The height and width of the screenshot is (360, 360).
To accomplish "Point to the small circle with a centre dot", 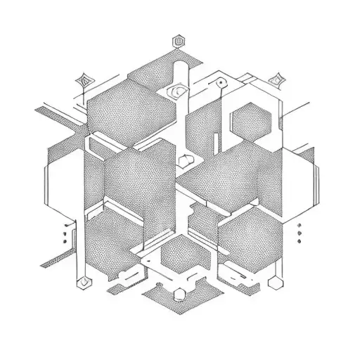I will (x=220, y=83).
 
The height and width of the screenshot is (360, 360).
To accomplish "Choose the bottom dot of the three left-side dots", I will (x=64, y=242).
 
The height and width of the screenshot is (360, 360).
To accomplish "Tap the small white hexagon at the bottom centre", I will (x=180, y=293).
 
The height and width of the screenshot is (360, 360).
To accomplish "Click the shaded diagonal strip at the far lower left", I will (x=56, y=260).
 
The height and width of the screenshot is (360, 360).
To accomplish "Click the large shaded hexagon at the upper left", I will (x=120, y=109).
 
